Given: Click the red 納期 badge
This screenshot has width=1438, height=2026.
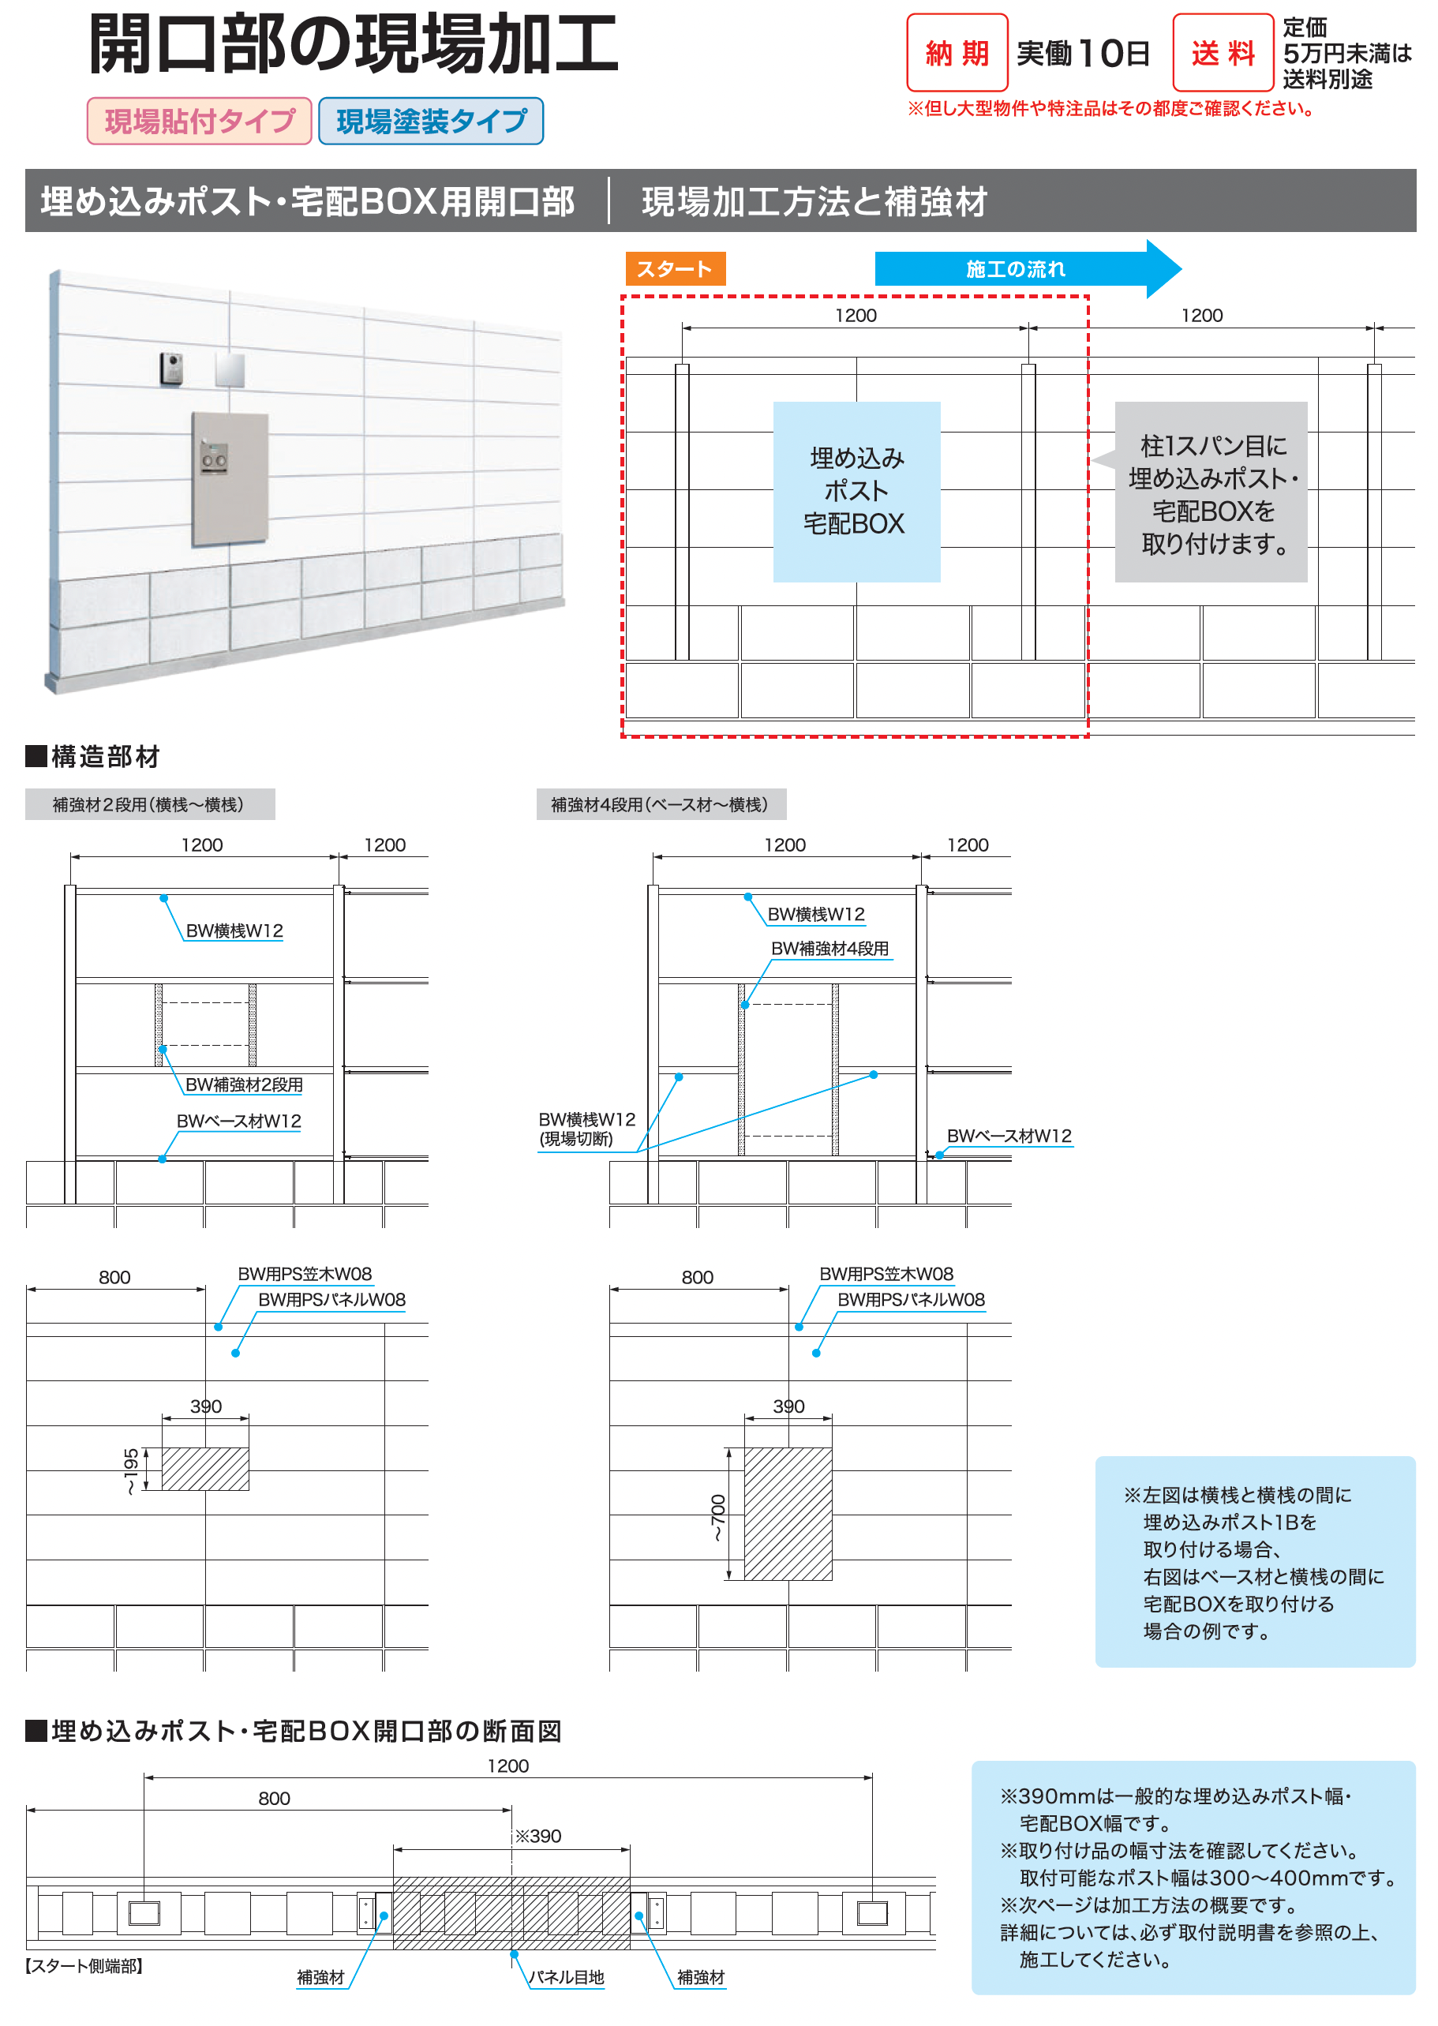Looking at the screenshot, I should pos(957,53).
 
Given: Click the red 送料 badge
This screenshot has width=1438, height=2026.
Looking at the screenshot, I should pos(1222,53).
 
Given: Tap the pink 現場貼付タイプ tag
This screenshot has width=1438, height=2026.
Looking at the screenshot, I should pos(199,122).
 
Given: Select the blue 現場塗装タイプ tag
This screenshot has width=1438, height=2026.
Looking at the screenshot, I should pos(430,122).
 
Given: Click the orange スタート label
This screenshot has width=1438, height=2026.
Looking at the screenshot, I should pos(675,269).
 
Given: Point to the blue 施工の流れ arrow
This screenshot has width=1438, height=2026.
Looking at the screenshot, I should pos(1027,269).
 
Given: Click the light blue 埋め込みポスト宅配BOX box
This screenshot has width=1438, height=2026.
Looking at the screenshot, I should pos(856,492).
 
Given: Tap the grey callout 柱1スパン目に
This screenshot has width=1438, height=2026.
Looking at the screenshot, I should pos(1211,492).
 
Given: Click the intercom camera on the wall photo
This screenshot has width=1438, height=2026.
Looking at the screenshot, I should pos(172,369).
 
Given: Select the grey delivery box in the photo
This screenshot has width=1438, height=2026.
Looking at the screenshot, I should pos(230,478).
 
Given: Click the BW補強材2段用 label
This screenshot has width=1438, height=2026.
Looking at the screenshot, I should pos(244,1084).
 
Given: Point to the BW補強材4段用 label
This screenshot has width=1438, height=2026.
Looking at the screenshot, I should pos(829,949).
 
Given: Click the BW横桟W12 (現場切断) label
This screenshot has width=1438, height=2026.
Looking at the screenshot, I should pos(586,1129).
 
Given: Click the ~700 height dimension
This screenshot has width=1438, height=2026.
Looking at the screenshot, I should pos(717,1518).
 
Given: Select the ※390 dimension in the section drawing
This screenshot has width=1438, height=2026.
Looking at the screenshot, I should pos(538,1836).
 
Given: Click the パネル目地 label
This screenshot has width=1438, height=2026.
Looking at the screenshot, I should pos(566,1977).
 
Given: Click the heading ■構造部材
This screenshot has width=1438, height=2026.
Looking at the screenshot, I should pos(93,756).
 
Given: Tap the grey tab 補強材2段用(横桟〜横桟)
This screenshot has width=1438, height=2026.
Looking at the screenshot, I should pos(148,804).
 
